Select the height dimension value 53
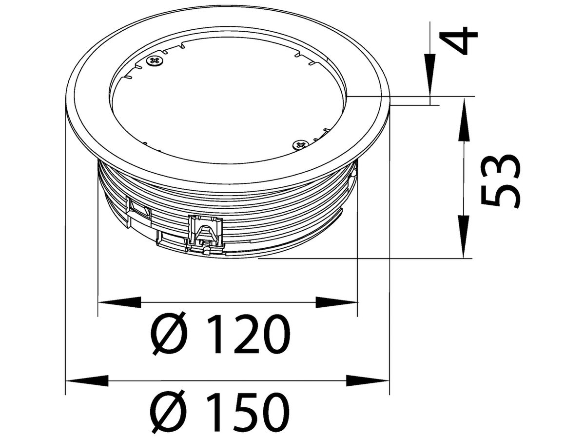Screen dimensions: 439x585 (x=500, y=181)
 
